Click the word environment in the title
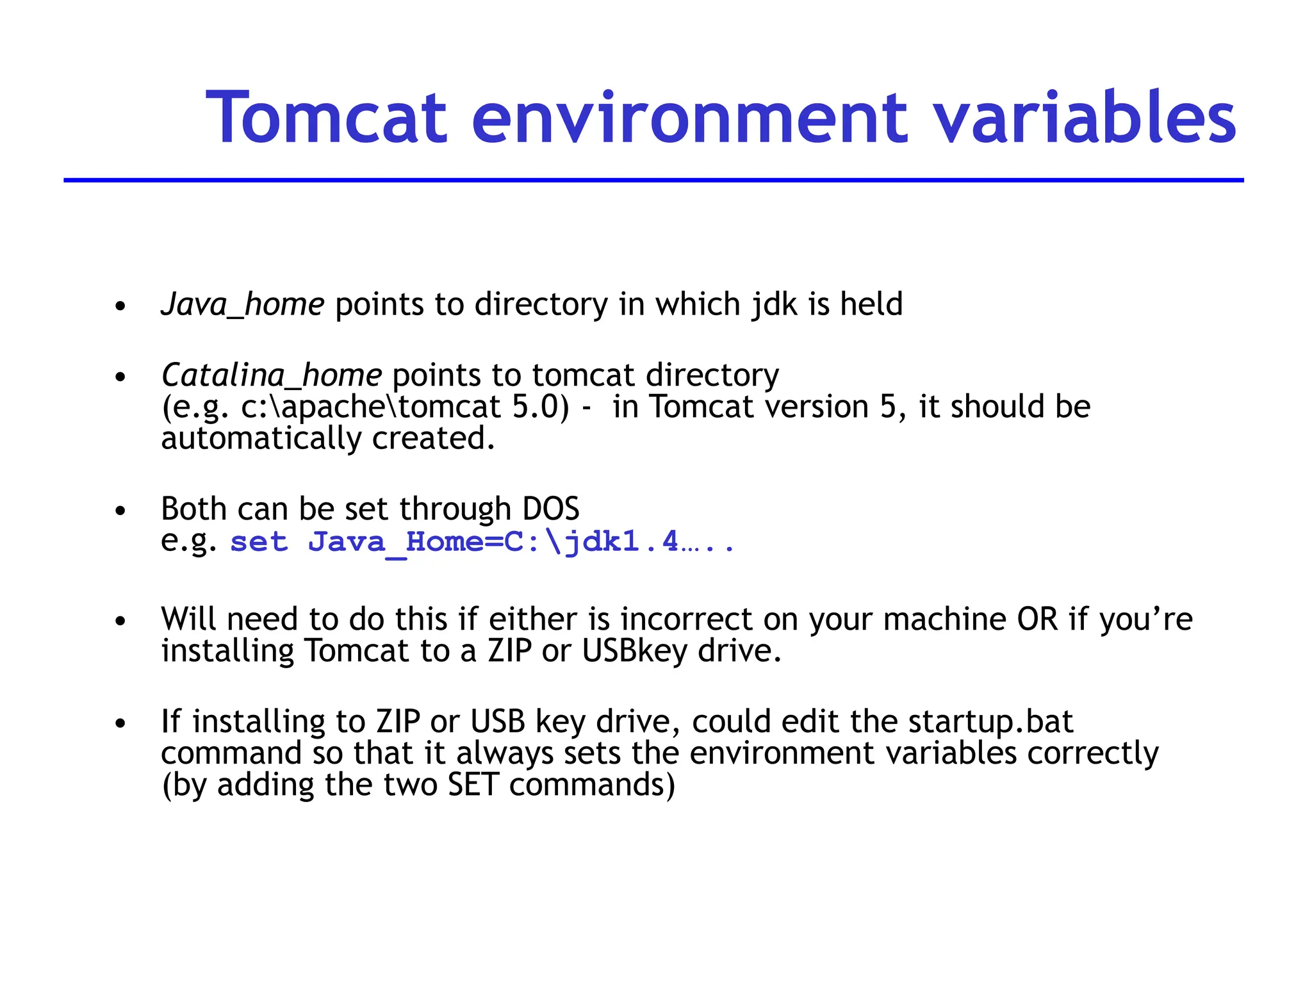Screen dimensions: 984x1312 click(x=689, y=119)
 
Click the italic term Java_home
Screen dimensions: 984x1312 click(x=243, y=305)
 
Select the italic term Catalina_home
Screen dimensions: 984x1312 click(x=272, y=375)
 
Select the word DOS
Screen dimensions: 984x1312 click(x=550, y=509)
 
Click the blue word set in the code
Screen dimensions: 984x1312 click(x=259, y=543)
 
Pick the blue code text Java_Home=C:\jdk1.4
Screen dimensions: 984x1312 click(x=493, y=543)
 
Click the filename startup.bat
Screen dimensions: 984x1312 click(x=990, y=722)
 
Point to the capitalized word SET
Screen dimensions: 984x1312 click(x=473, y=785)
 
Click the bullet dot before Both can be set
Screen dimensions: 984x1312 click(x=120, y=511)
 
